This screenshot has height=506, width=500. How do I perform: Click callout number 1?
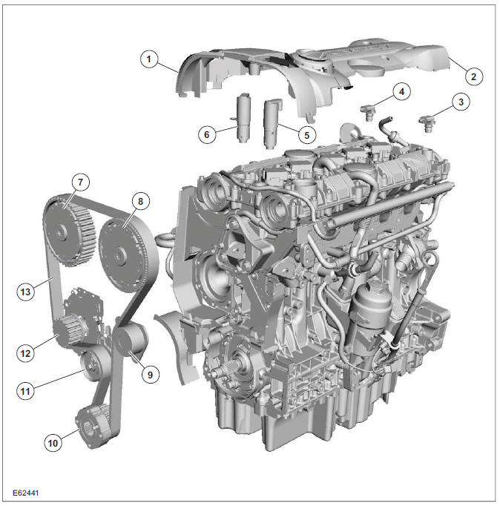point(151,59)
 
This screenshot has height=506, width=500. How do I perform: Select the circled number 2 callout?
point(470,75)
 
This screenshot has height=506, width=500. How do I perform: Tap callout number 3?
point(461,102)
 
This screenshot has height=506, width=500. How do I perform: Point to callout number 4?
point(401,92)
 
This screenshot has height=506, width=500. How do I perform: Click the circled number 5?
point(304,135)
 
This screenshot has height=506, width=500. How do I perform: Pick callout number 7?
point(79,182)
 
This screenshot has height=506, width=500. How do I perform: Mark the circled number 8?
point(138,200)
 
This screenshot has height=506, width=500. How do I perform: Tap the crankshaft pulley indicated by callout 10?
point(93,424)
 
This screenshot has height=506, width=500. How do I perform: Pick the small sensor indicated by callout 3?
point(427,122)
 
